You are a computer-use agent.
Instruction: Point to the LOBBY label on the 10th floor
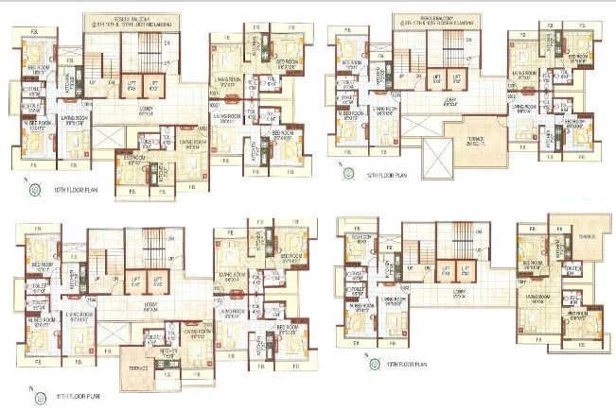pos(146,111)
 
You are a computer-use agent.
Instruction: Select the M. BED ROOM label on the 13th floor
pos(360,307)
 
